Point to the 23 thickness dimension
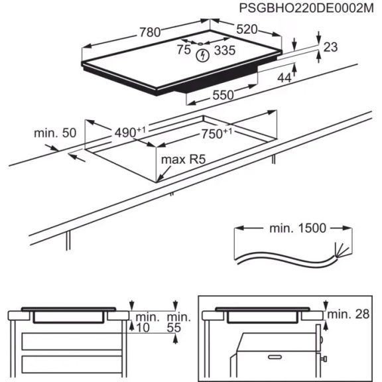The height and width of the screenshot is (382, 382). click(x=331, y=47)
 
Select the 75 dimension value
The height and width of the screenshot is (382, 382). click(x=184, y=50)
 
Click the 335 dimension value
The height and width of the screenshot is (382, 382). click(x=225, y=50)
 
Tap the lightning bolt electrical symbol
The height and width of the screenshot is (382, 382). click(x=202, y=57)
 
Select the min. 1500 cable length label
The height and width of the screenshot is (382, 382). click(x=297, y=229)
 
